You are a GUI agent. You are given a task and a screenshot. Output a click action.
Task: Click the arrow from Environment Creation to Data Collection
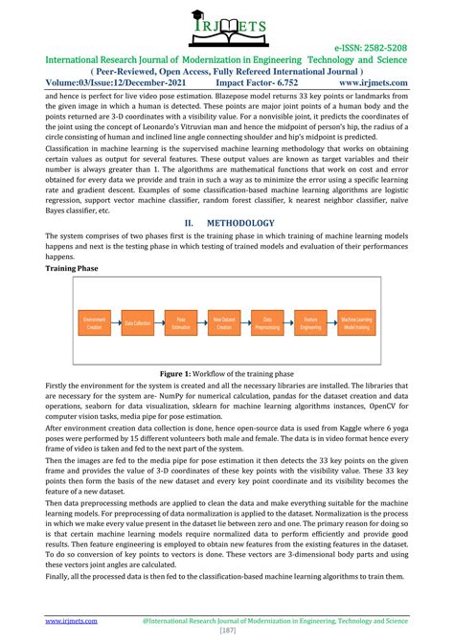point(118,325)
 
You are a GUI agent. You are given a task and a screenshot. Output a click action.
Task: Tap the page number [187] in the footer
point(227,631)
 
